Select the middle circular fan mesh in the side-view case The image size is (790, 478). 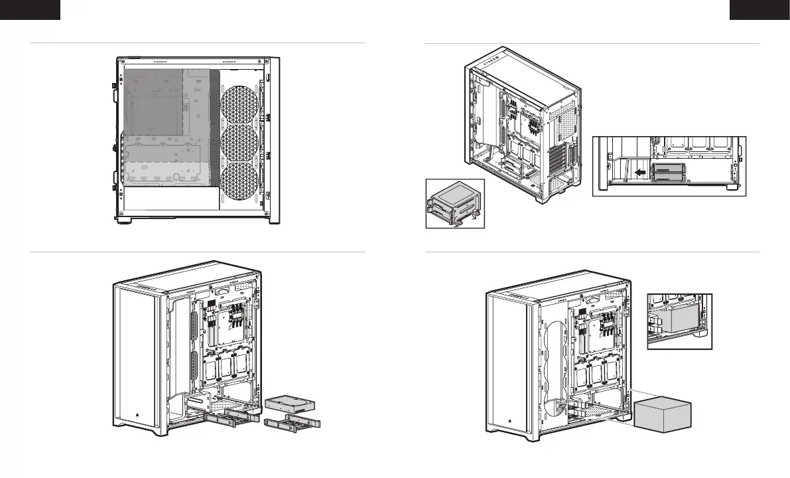[239, 145]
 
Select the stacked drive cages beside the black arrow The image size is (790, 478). [671, 172]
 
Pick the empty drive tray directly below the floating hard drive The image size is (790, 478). [292, 422]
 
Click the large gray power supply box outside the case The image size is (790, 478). [663, 416]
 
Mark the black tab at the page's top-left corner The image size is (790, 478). [30, 9]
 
